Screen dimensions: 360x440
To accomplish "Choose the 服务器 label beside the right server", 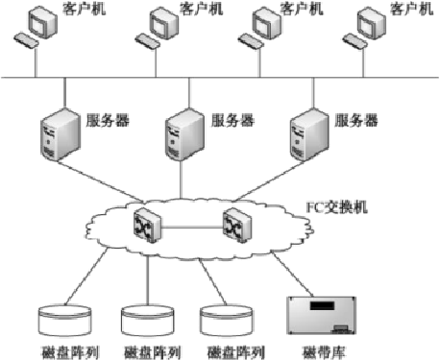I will pos(356,121).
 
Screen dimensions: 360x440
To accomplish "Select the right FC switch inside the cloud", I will pos(235,223).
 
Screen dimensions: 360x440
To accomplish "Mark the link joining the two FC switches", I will pos(192,228).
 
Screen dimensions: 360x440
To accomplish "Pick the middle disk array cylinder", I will pos(146,318).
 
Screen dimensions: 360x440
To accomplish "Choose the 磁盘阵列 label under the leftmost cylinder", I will pos(62,350).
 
